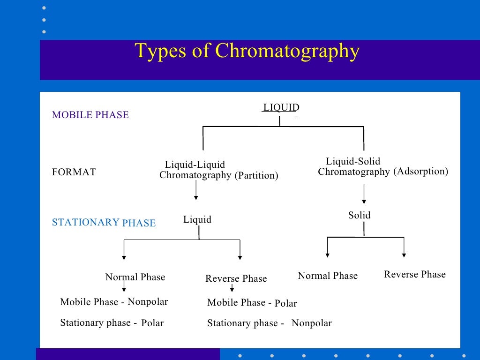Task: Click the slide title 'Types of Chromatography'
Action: [x=247, y=51]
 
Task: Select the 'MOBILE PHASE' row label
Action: [x=90, y=115]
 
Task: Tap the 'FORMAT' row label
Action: [x=74, y=172]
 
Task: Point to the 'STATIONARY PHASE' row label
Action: [x=104, y=223]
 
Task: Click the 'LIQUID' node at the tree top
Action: [x=281, y=107]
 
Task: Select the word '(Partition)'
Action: [x=256, y=176]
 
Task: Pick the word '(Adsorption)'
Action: [x=420, y=172]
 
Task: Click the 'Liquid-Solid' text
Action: [x=353, y=162]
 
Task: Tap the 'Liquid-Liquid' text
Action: [x=195, y=165]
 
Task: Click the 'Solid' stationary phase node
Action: [x=359, y=215]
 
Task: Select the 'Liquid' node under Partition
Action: [x=197, y=219]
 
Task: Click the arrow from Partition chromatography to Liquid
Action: [x=195, y=190]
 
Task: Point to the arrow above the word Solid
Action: [x=364, y=194]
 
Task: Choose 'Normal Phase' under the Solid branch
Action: [x=328, y=276]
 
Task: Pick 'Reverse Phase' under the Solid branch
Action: [x=415, y=274]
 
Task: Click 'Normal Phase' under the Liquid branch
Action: [x=135, y=277]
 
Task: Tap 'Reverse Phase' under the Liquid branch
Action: [x=236, y=279]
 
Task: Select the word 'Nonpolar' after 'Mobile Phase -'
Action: [x=148, y=301]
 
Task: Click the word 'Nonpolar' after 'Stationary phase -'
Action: [x=311, y=323]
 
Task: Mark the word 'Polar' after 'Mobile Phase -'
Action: [x=285, y=303]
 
